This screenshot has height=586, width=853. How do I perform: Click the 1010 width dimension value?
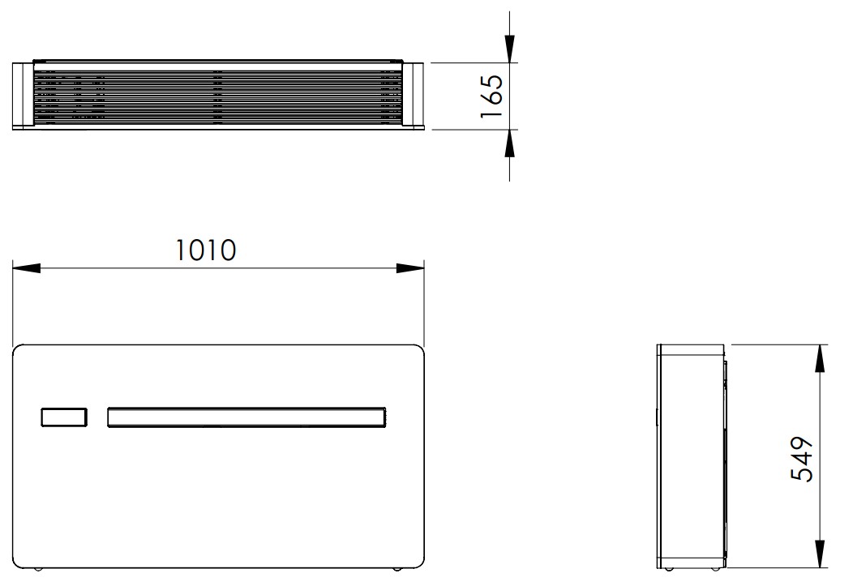coord(206,250)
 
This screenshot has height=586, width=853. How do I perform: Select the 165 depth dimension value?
coord(492,96)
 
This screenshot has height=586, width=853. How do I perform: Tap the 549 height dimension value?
coord(802,459)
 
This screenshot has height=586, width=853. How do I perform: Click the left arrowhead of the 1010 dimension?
coord(26,268)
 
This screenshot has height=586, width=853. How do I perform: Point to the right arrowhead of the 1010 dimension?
coord(410,268)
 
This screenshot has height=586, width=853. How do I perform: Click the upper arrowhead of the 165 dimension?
coord(509,49)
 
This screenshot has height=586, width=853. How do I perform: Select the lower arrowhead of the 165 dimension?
coord(509,143)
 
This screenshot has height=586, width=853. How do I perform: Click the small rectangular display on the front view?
coord(63,417)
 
